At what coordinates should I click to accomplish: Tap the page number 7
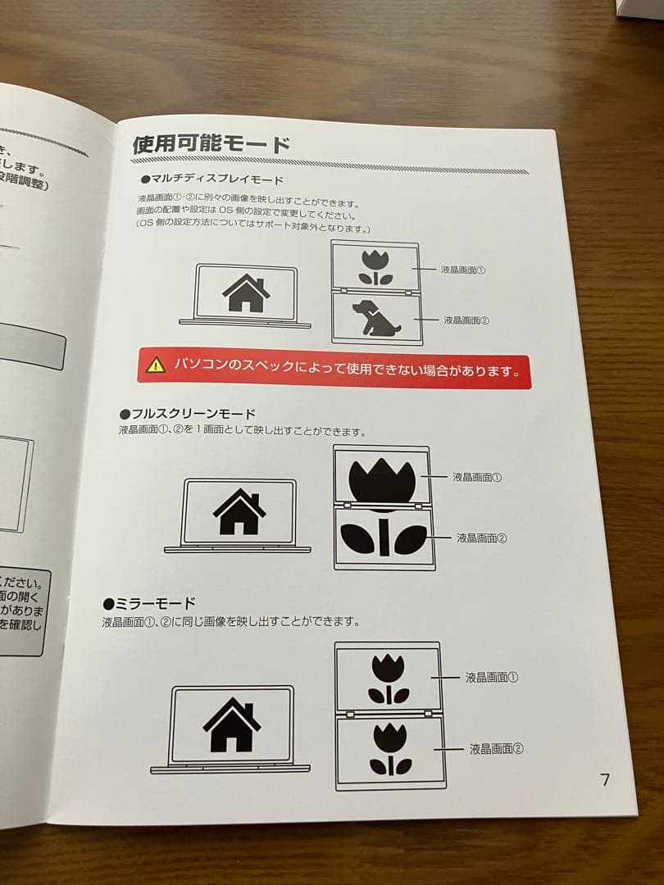coord(605,779)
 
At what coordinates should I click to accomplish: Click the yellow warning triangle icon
coord(156,365)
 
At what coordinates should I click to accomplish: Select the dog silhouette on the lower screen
coord(374,319)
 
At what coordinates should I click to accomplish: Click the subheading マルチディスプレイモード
coord(211,179)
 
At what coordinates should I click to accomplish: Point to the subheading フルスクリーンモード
coord(188,414)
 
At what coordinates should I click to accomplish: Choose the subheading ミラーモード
coord(149,604)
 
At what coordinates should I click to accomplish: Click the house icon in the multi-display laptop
coord(246,293)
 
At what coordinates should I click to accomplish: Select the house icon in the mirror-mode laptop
coord(231,724)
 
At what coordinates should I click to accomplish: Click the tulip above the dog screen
coord(375,266)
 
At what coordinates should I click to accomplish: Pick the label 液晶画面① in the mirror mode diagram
coord(492,678)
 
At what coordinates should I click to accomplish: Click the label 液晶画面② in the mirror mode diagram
coord(496,748)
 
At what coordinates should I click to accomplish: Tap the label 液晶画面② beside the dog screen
coord(466,320)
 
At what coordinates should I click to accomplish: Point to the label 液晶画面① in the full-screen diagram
coord(477,476)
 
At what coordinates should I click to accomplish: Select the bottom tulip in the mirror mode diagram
coord(389,749)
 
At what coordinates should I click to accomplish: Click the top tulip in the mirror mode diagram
coord(389,678)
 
